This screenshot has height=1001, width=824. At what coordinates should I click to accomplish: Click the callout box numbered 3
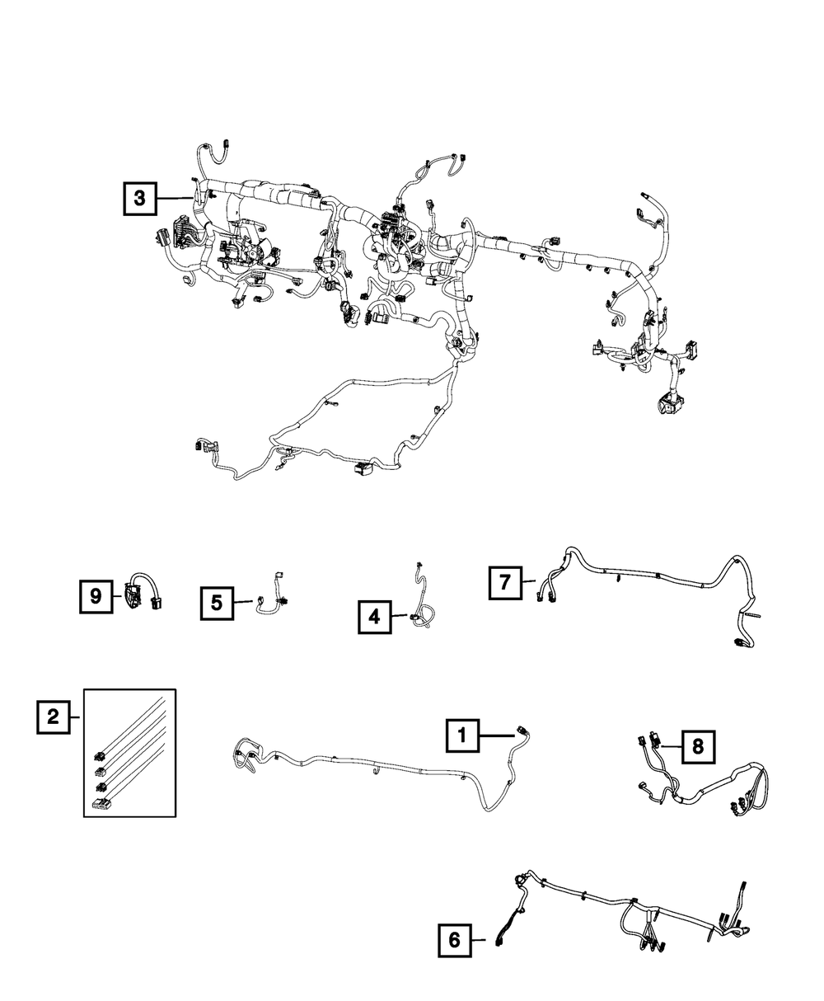pyautogui.click(x=140, y=198)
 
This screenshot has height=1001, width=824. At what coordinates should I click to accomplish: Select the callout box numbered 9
pyautogui.click(x=96, y=596)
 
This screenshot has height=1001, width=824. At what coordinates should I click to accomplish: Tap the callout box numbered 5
pyautogui.click(x=216, y=603)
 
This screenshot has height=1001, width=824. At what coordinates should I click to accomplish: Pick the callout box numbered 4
pyautogui.click(x=374, y=617)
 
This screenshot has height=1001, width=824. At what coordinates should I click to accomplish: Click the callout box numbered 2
pyautogui.click(x=53, y=717)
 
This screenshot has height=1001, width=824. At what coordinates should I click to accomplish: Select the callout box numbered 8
pyautogui.click(x=697, y=746)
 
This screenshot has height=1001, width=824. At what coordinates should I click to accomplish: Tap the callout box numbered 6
pyautogui.click(x=454, y=940)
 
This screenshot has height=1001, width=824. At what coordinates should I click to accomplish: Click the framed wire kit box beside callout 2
pyautogui.click(x=130, y=752)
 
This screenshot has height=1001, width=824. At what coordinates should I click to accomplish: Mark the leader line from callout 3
pyautogui.click(x=175, y=198)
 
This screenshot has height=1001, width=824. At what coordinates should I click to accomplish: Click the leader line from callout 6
pyautogui.click(x=485, y=940)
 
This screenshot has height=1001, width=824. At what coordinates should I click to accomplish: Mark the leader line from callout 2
pyautogui.click(x=77, y=717)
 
